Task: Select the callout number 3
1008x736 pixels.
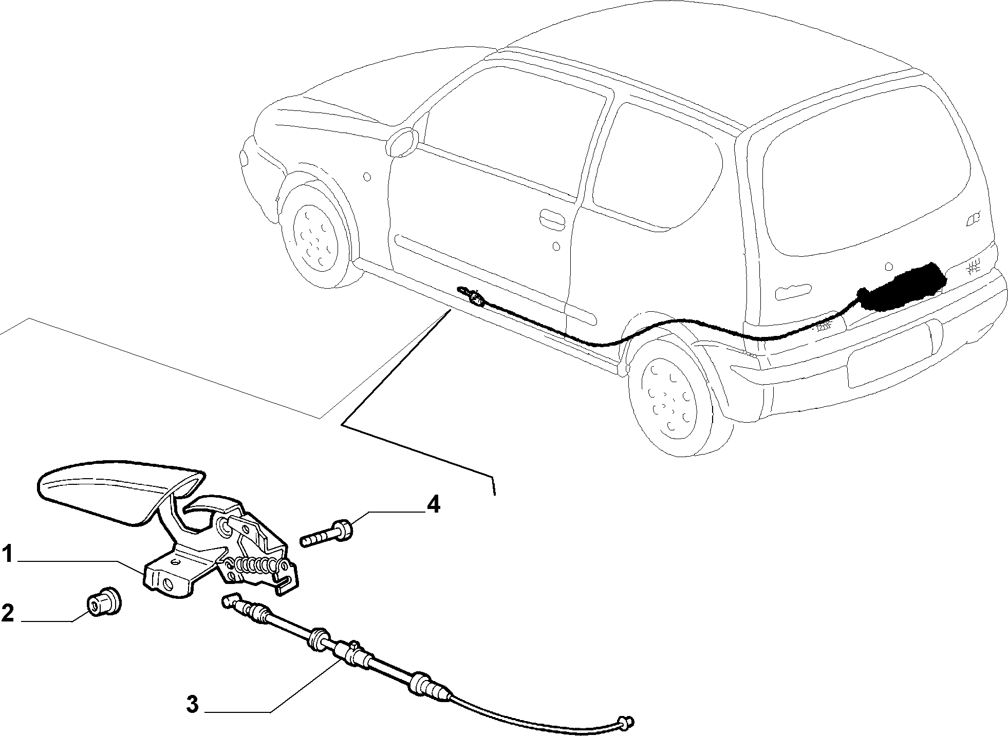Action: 192,704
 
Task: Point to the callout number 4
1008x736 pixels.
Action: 433,505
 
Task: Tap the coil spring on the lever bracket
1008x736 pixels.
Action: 257,565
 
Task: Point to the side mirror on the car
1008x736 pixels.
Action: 402,142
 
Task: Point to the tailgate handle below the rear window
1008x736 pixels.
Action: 794,293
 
